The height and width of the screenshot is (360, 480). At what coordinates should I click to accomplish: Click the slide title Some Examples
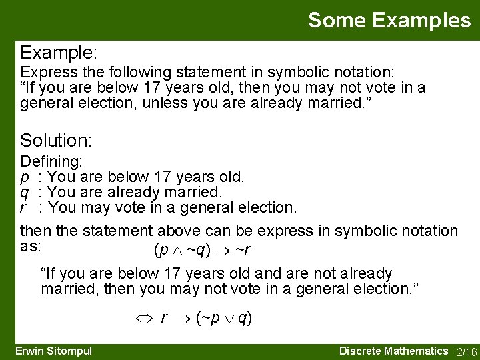(389, 20)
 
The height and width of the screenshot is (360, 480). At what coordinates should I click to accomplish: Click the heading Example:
(59, 52)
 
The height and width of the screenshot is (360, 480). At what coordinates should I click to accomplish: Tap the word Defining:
(51, 162)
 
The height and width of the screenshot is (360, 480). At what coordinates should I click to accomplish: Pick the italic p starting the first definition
(25, 177)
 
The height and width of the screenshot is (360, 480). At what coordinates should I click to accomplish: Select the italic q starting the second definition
(25, 193)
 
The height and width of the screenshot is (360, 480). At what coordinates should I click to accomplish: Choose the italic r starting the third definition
(24, 208)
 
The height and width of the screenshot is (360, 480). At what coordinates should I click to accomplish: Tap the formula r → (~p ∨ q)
(206, 318)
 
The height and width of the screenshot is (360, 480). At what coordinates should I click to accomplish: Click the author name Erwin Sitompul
(53, 351)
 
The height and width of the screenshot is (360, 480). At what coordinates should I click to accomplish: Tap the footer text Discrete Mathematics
(393, 351)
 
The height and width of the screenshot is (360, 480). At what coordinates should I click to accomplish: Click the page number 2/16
(466, 351)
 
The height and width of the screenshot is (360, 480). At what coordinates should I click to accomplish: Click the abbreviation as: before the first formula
(31, 245)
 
